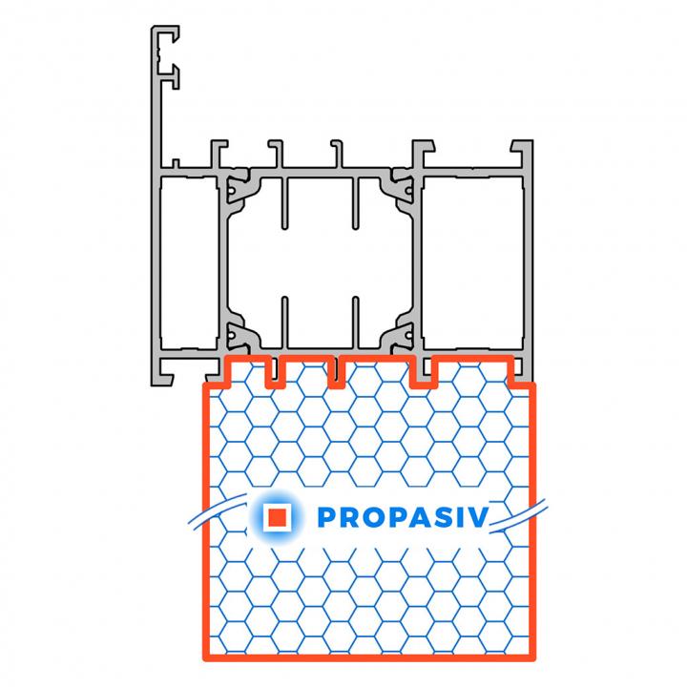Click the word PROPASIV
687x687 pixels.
click(x=403, y=517)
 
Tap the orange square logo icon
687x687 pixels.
click(x=278, y=517)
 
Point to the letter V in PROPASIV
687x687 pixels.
click(x=478, y=517)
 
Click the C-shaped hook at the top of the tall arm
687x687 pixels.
click(x=166, y=49)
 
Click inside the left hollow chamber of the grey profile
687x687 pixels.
click(x=189, y=262)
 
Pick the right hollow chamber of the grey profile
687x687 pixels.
click(x=473, y=262)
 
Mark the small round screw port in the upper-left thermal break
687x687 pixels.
click(x=231, y=191)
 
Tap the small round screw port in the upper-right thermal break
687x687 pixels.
click(x=408, y=191)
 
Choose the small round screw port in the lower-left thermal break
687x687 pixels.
click(x=231, y=336)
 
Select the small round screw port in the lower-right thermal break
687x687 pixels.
click(x=408, y=336)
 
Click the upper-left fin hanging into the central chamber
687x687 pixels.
click(x=284, y=203)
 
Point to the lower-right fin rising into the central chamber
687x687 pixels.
click(x=356, y=323)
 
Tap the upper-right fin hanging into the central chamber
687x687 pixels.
click(x=356, y=203)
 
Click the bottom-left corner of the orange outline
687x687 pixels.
click(x=205, y=658)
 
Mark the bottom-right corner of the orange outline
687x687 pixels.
click(x=532, y=658)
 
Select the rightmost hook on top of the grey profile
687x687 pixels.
click(x=522, y=154)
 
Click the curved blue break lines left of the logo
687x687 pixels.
click(x=218, y=510)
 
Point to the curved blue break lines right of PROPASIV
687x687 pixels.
click(x=518, y=516)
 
